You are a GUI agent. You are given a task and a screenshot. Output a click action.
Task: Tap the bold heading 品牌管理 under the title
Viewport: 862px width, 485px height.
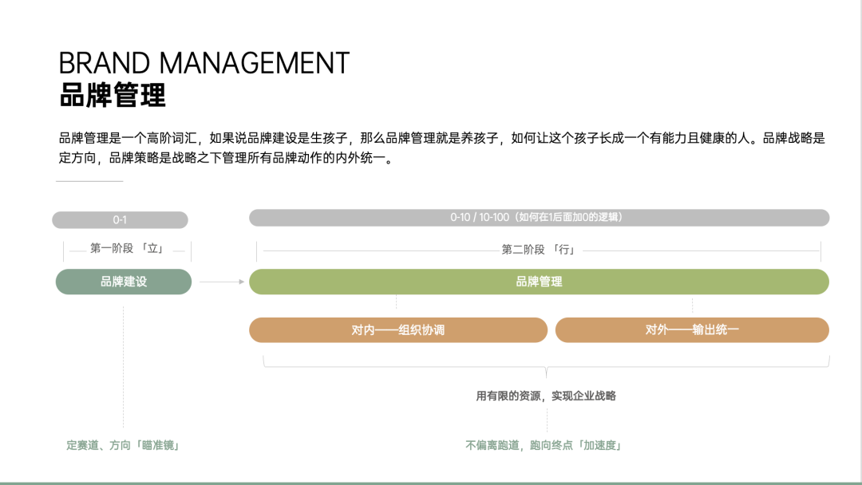(x=113, y=95)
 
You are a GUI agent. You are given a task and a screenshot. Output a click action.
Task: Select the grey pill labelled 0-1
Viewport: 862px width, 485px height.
(x=120, y=220)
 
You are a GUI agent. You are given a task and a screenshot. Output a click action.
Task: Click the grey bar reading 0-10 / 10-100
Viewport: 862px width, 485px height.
(x=539, y=218)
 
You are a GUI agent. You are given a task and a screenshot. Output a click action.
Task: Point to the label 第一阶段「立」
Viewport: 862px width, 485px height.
(x=127, y=249)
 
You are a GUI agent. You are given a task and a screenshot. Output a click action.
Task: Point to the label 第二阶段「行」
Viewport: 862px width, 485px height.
(x=539, y=250)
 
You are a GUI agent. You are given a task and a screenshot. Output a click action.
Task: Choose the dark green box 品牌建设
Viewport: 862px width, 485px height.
(x=124, y=282)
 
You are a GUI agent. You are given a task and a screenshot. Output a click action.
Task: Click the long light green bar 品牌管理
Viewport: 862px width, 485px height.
(x=539, y=282)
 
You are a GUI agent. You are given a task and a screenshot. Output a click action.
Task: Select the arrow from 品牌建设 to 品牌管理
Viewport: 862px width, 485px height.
(x=221, y=282)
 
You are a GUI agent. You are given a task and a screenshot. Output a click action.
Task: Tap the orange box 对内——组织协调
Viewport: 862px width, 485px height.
(x=397, y=329)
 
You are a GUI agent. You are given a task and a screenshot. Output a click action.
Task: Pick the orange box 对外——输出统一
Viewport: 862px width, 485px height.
(x=692, y=329)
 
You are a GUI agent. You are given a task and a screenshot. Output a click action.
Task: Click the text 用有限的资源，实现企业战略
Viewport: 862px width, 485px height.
(x=546, y=396)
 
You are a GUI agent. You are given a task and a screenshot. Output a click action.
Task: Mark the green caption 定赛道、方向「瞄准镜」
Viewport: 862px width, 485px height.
(x=123, y=445)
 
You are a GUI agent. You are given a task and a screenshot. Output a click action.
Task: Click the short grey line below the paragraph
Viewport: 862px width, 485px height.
(x=89, y=182)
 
